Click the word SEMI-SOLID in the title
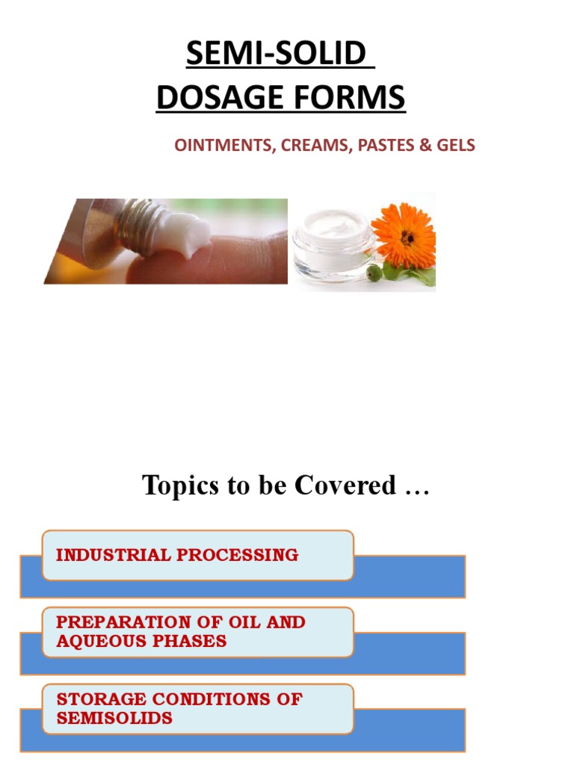(276, 54)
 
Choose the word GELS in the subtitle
(454, 146)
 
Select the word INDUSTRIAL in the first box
(111, 555)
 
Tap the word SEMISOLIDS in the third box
(114, 718)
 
